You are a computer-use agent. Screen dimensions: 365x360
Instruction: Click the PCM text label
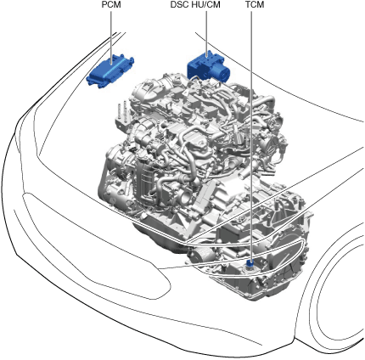pyautogui.click(x=111, y=5)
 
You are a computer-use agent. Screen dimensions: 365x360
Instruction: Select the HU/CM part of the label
pyautogui.click(x=207, y=5)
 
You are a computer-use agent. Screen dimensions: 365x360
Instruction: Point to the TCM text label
pyautogui.click(x=255, y=5)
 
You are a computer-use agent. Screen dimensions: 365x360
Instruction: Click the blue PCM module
pyautogui.click(x=110, y=70)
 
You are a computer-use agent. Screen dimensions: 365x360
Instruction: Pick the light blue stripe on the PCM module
pyautogui.click(x=112, y=69)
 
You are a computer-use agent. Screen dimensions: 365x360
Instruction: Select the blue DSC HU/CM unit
pyautogui.click(x=209, y=66)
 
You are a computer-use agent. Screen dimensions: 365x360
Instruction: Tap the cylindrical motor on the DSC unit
pyautogui.click(x=222, y=73)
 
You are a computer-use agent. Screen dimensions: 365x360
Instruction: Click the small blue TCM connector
pyautogui.click(x=250, y=264)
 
